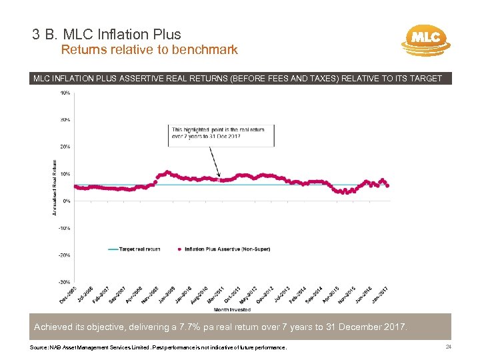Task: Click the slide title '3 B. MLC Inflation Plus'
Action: point(106,34)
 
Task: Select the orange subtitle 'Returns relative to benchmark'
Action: point(149,50)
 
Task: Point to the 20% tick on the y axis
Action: point(65,147)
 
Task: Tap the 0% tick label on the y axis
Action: point(67,201)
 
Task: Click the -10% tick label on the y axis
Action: point(65,228)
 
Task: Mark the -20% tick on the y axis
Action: point(65,255)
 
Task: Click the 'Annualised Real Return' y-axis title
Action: point(54,187)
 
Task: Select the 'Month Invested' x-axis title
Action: point(232,309)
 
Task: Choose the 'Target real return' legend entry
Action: point(139,249)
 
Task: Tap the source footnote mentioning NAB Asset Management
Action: point(159,348)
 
